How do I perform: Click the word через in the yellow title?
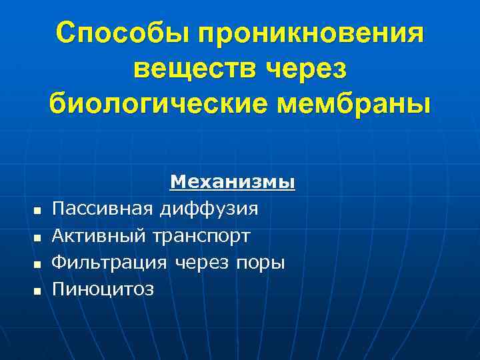pyautogui.click(x=306, y=69)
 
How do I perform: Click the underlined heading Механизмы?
pyautogui.click(x=233, y=182)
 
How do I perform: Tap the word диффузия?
pyautogui.click(x=208, y=209)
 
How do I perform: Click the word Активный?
pyautogui.click(x=99, y=236)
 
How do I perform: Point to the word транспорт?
pyautogui.click(x=201, y=236)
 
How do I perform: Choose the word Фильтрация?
pyautogui.click(x=109, y=263)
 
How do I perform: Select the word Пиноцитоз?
pyautogui.click(x=103, y=289)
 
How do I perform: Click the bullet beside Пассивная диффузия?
pyautogui.click(x=37, y=211)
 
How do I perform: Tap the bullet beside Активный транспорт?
pyautogui.click(x=37, y=238)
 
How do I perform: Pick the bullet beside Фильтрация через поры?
pyautogui.click(x=37, y=265)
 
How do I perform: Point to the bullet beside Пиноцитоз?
pyautogui.click(x=37, y=291)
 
